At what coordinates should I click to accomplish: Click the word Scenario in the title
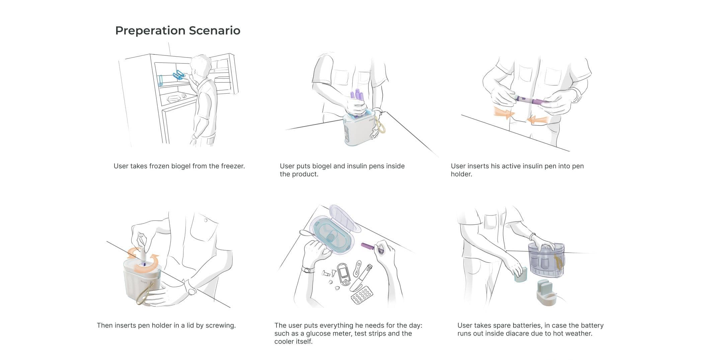pyautogui.click(x=214, y=30)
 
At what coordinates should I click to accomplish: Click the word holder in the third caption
pyautogui.click(x=461, y=174)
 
